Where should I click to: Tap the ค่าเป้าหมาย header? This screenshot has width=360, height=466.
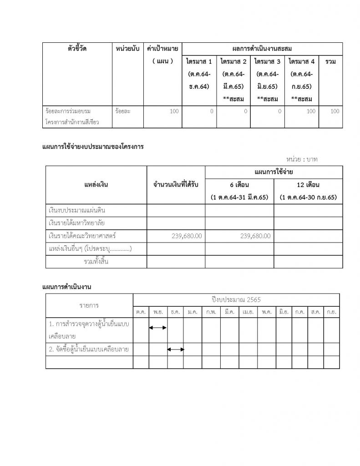(162, 49)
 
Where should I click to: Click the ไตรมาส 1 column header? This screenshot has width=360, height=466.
(199, 61)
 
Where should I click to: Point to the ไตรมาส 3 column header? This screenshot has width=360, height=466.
(268, 61)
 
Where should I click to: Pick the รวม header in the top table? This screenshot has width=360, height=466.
(331, 61)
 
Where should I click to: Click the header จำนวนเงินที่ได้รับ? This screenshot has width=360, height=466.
(176, 185)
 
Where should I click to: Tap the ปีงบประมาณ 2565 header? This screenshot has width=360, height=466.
(236, 299)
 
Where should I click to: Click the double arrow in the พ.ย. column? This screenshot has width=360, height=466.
(158, 328)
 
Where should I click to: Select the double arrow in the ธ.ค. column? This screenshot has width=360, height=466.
(176, 349)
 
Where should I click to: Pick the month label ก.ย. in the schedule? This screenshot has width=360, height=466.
(330, 312)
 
